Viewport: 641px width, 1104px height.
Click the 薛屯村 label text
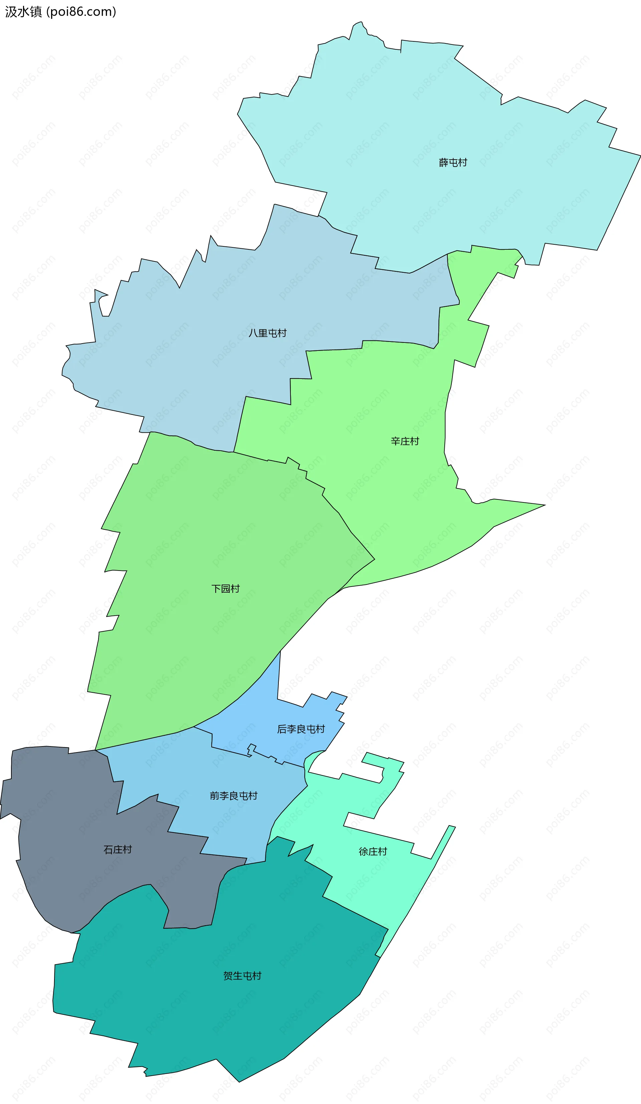coord(453,163)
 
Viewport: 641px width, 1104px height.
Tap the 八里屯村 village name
coord(267,333)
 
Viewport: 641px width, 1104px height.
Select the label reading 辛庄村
coord(405,441)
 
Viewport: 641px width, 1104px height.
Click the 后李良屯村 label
coord(301,729)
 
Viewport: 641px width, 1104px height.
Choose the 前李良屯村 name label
coord(233,796)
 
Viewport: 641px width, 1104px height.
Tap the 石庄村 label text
coord(118,850)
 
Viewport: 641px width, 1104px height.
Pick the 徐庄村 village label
coord(373,851)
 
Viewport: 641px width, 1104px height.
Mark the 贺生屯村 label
coord(242,975)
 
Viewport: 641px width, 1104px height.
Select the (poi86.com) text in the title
coord(81,12)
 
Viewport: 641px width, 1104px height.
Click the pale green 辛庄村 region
coord(394,504)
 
